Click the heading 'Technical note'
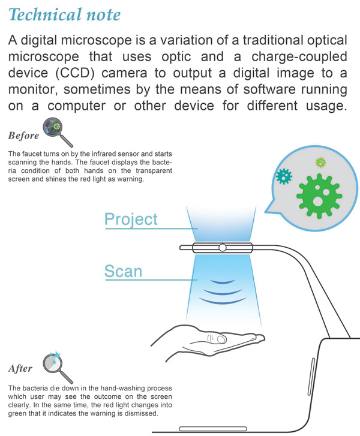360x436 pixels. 65,14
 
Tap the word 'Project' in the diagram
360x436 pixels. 131,219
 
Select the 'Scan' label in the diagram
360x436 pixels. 123,271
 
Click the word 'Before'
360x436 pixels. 23,136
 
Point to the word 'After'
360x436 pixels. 20,368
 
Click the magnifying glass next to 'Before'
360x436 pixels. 58,131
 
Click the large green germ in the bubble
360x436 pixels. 319,196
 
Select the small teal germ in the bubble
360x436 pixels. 284,176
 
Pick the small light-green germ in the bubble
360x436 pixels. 321,163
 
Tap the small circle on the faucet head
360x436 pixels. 222,247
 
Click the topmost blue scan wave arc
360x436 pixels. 223,283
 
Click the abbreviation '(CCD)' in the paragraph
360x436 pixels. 76,73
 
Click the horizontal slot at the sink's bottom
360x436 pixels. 213,428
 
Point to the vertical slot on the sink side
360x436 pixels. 311,377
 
